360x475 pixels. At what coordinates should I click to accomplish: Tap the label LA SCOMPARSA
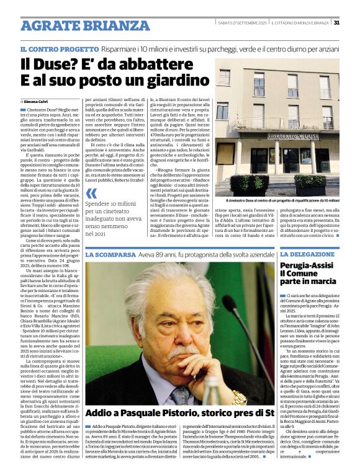pos(110,255)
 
